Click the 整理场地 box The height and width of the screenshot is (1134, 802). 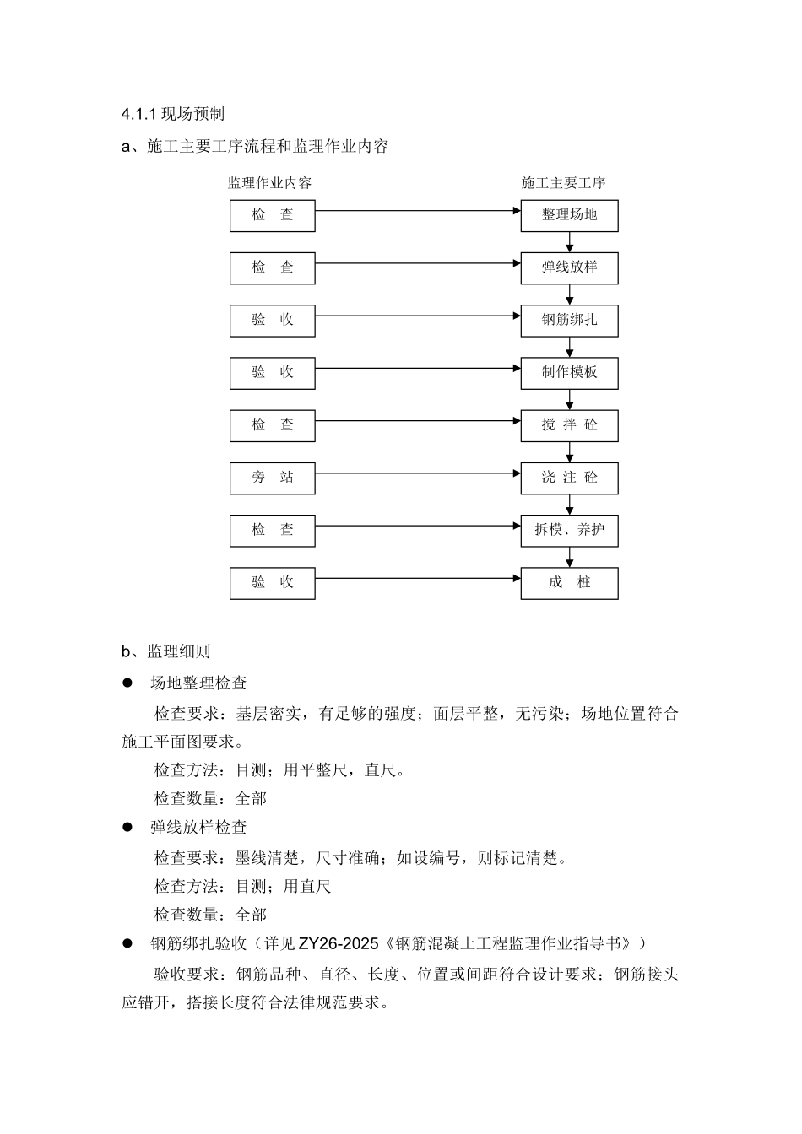[569, 215]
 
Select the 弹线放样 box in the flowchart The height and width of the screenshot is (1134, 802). [569, 267]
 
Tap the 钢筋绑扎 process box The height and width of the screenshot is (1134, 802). [569, 321]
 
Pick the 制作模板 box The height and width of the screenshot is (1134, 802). [569, 373]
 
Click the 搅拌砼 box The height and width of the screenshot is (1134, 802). [569, 425]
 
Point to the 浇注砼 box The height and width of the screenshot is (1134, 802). [569, 478]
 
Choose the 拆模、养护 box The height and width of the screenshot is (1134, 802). [569, 531]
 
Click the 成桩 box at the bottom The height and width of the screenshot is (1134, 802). [569, 583]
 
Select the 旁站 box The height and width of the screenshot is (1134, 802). [273, 478]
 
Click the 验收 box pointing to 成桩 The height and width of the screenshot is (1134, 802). [273, 583]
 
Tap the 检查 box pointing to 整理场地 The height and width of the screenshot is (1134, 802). [273, 215]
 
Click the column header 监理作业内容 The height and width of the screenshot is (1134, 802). [270, 183]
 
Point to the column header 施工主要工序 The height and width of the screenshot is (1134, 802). [563, 183]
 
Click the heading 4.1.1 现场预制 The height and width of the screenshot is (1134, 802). [172, 114]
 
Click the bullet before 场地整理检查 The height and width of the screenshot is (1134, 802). [128, 683]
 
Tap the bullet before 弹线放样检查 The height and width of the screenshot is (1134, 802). [128, 828]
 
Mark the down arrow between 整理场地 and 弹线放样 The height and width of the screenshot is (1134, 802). [570, 242]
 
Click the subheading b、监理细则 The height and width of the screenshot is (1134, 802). [166, 651]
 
